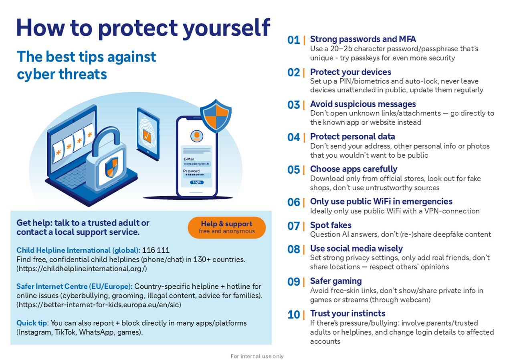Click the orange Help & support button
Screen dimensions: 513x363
point(227,227)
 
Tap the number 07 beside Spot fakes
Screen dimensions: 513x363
point(293,226)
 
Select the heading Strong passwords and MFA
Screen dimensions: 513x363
point(363,39)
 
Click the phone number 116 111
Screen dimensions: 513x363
point(156,250)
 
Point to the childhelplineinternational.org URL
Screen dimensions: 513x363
point(81,269)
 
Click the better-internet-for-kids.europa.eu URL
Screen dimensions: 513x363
point(99,305)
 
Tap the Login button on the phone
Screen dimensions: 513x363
point(197,182)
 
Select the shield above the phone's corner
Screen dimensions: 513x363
point(216,116)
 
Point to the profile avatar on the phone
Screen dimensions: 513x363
point(197,136)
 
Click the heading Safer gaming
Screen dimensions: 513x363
point(336,281)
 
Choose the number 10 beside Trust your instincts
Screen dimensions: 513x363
point(293,314)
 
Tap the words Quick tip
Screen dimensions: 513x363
point(32,323)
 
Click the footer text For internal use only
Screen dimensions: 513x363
point(257,356)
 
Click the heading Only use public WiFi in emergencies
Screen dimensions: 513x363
point(381,201)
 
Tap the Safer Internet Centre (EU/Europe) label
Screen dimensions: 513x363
point(75,286)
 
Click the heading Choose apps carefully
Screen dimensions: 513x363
point(353,169)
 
